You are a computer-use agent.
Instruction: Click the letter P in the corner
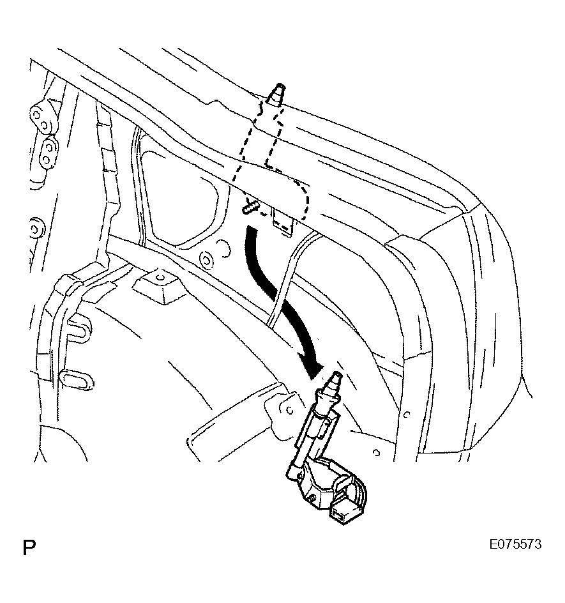point(29,547)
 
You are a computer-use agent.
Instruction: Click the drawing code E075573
point(515,544)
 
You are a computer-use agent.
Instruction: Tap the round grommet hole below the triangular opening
point(207,261)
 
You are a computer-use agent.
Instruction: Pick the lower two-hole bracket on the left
point(47,152)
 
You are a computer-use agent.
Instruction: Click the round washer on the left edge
point(36,229)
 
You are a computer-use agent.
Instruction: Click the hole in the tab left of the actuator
point(290,410)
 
